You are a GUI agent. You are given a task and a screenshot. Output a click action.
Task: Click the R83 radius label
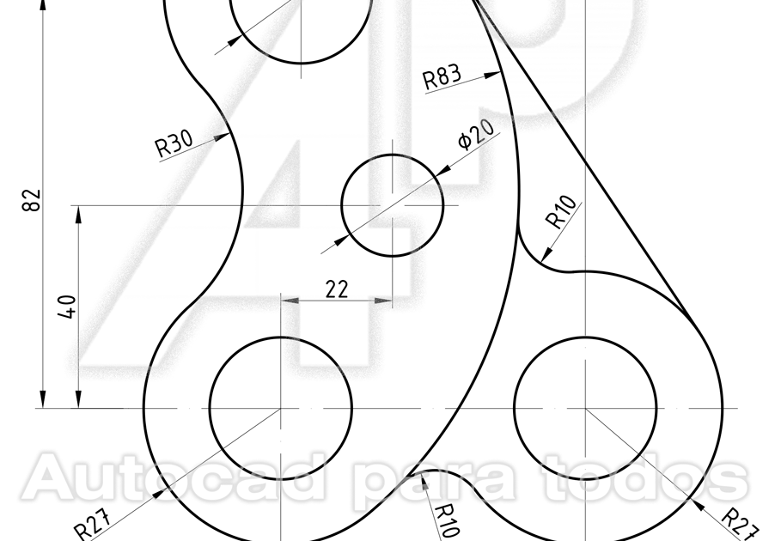(442, 77)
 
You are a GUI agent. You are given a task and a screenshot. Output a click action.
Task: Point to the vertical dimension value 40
(70, 307)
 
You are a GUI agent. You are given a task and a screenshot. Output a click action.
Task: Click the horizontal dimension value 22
(337, 289)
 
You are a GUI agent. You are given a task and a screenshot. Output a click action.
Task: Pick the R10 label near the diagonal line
(562, 214)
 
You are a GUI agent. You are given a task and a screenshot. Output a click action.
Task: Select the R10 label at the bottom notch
(446, 520)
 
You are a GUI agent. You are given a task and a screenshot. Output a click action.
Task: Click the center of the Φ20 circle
(393, 205)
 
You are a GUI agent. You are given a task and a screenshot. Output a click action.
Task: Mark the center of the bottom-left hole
(281, 408)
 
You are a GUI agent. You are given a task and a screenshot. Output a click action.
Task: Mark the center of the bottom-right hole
(585, 408)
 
